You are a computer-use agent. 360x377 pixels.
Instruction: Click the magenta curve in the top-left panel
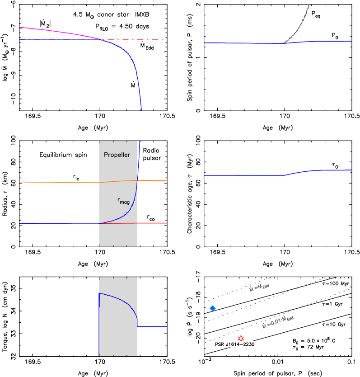[54, 31]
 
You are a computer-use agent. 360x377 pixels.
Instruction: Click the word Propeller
[117, 155]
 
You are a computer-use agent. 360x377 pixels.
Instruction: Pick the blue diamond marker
[213, 308]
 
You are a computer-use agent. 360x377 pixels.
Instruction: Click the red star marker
[241, 338]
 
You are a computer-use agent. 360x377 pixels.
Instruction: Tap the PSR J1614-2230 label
[241, 344]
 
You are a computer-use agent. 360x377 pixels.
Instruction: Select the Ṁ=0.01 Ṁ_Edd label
[278, 321]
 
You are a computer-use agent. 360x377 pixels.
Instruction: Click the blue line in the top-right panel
[244, 43]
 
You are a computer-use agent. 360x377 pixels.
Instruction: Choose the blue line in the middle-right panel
[244, 175]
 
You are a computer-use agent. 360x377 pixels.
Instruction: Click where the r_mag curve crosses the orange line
[137, 180]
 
